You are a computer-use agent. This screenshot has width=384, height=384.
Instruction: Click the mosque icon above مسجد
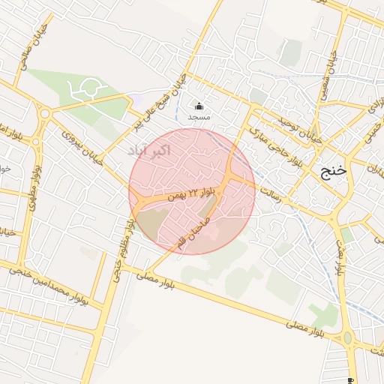(199, 106)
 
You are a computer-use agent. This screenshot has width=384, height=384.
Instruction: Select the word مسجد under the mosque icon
(199, 118)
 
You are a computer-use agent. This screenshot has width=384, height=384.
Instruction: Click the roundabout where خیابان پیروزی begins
(44, 114)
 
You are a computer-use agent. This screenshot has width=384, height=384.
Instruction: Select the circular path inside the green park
(82, 91)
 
